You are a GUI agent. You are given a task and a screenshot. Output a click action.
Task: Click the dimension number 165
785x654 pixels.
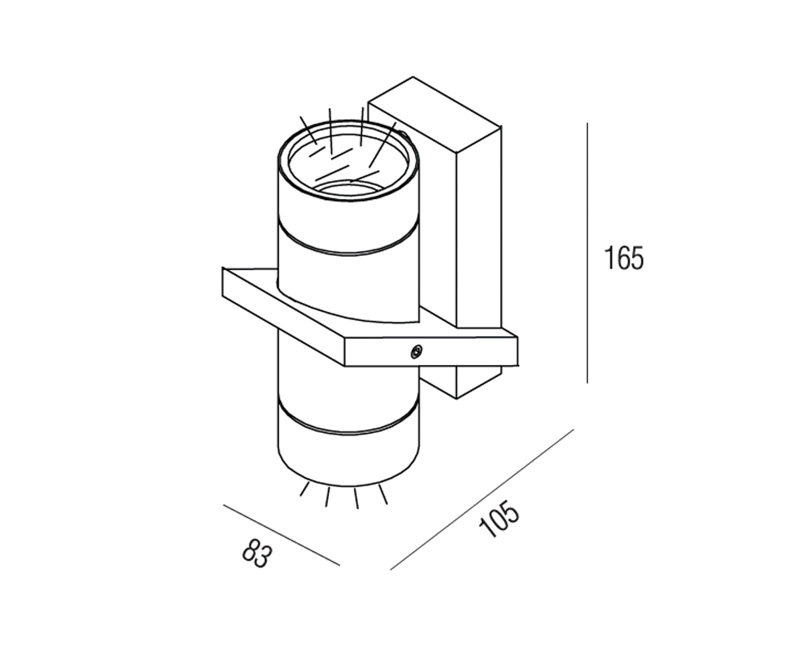click(623, 258)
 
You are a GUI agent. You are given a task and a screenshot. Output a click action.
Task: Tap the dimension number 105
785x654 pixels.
click(499, 519)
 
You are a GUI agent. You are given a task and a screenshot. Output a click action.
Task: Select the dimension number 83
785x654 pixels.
click(257, 554)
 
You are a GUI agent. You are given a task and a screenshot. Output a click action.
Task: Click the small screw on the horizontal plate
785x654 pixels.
click(416, 351)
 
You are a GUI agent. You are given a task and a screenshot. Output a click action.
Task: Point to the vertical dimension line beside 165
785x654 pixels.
click(587, 252)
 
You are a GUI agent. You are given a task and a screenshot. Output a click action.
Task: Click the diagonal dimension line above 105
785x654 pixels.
click(482, 500)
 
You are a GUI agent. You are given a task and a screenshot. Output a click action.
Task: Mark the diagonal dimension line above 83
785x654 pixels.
click(281, 535)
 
